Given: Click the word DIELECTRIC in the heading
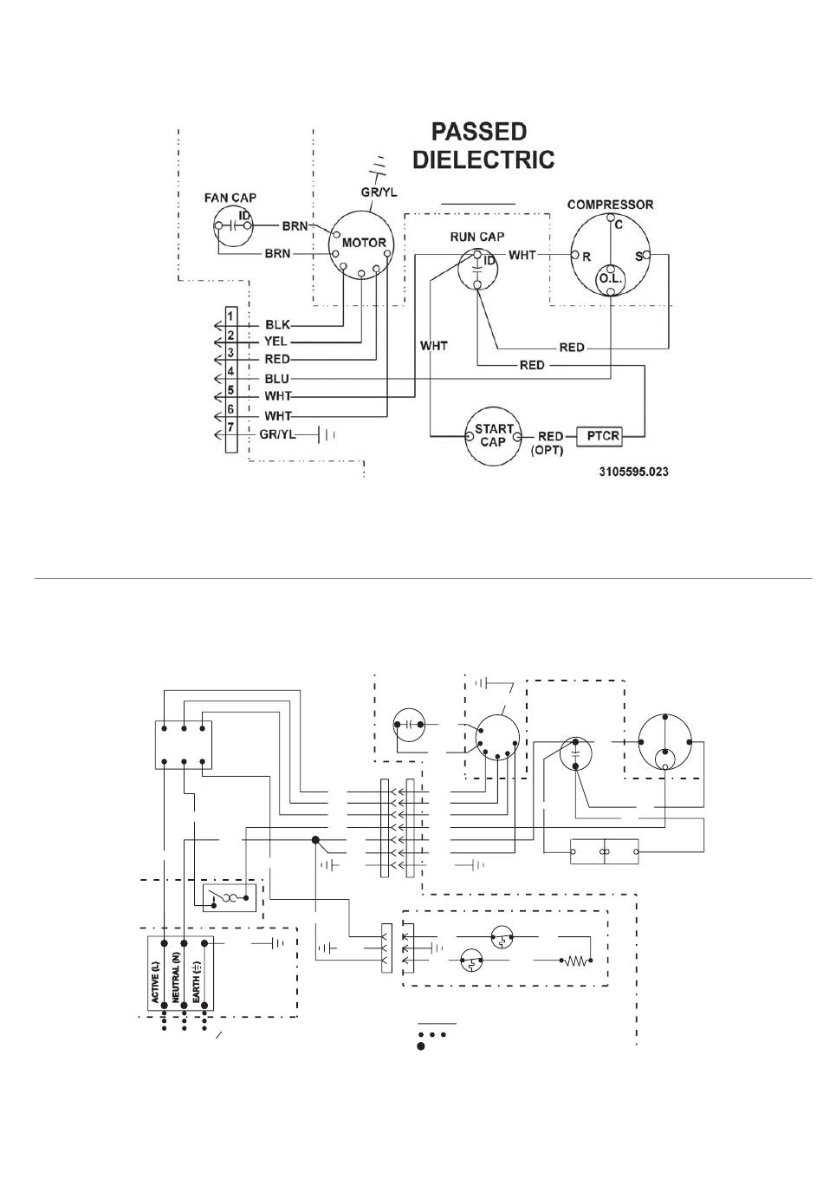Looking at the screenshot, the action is point(483,160).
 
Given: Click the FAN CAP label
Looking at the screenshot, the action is point(230,198).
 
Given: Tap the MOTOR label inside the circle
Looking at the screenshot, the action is point(364,243).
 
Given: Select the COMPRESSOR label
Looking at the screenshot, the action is point(610,205).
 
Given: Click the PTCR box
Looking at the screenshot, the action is point(599,436).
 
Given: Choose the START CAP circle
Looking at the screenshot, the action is point(493,436).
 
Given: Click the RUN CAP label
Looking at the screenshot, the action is point(477,237).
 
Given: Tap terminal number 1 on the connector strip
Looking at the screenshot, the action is point(230,316).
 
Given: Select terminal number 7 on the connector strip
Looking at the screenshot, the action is point(230,427).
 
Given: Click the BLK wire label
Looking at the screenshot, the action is point(277,324).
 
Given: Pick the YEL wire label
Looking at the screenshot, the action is point(275,342).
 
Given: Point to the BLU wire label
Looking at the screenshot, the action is point(276,379).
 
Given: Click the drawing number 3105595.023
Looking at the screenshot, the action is point(633,472).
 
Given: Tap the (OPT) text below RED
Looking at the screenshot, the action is point(547,451).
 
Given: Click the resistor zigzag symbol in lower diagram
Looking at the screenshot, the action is point(576,961).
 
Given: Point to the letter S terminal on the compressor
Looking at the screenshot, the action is point(639,257).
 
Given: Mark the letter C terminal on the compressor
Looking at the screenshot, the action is point(619,225).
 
